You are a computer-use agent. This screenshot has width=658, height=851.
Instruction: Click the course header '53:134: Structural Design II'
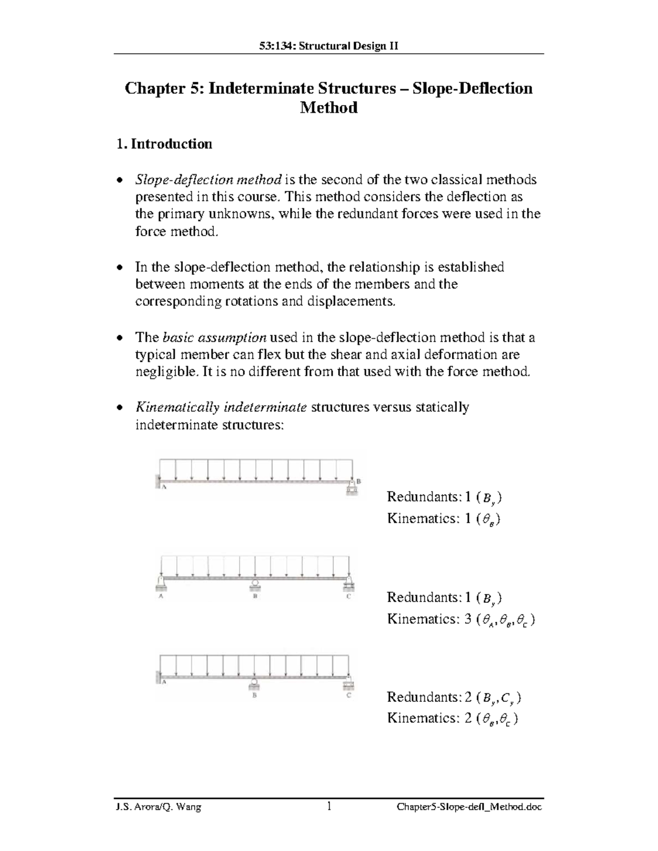click(x=328, y=45)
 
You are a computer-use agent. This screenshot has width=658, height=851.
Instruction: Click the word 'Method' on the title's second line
click(x=328, y=107)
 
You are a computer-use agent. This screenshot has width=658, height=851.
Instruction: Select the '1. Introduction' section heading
click(x=164, y=144)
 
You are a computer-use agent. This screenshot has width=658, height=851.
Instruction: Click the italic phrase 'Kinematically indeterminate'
click(x=221, y=408)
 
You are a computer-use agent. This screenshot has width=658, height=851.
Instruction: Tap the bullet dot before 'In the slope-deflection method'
click(x=121, y=268)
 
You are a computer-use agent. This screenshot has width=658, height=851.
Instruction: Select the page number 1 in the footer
click(x=329, y=807)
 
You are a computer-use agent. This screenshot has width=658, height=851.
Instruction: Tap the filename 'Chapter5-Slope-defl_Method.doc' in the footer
click(x=469, y=807)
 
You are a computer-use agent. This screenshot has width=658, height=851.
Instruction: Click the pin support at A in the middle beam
click(x=161, y=583)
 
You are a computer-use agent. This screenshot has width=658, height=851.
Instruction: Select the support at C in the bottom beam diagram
click(x=349, y=684)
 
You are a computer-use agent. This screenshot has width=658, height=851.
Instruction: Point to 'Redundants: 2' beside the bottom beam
click(x=429, y=697)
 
